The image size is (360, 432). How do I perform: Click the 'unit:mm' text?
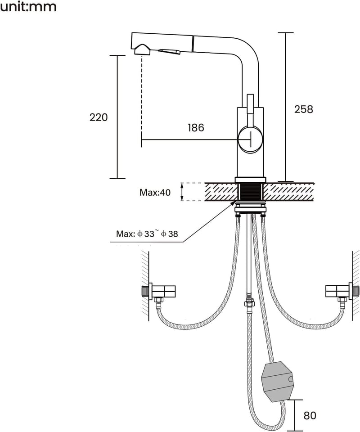[x=28, y=6]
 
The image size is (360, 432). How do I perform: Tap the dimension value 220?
[x=99, y=117]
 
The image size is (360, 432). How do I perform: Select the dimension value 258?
[x=304, y=109]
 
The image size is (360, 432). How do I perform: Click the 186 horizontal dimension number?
[x=196, y=127]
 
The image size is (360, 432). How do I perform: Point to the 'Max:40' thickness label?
[x=155, y=192]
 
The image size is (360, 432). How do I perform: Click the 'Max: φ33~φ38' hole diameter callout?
[x=147, y=234]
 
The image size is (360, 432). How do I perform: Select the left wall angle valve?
[x=158, y=292]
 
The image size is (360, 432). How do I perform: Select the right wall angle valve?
[x=342, y=292]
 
